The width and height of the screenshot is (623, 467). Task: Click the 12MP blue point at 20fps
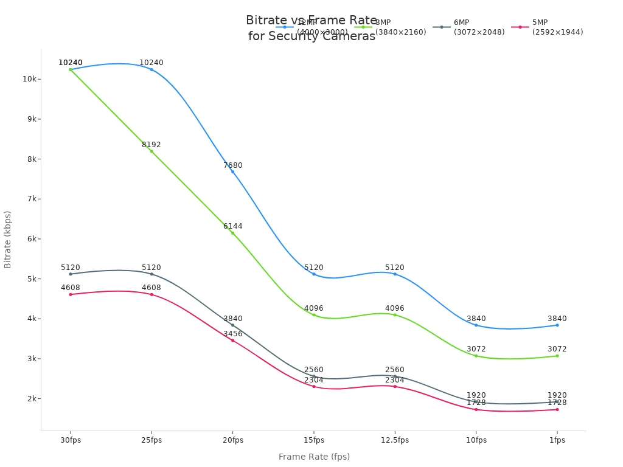tap(232, 171)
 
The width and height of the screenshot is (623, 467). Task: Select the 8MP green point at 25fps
tap(151, 151)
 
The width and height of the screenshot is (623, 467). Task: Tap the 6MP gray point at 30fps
tap(71, 274)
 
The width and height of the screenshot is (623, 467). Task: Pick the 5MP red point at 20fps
tap(232, 340)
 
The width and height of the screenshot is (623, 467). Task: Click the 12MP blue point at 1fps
tap(557, 325)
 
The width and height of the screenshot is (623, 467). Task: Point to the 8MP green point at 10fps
tap(476, 355)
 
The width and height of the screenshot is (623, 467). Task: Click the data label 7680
tap(232, 165)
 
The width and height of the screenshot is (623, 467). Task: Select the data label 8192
tap(151, 145)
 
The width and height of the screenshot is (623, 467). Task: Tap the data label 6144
tap(232, 226)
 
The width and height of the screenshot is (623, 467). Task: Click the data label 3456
tap(232, 334)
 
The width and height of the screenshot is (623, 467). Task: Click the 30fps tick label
tap(71, 440)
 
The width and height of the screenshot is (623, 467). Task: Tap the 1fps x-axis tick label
tap(557, 440)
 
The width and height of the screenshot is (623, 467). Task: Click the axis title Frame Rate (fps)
tap(314, 457)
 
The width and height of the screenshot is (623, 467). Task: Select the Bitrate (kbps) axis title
tap(8, 240)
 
